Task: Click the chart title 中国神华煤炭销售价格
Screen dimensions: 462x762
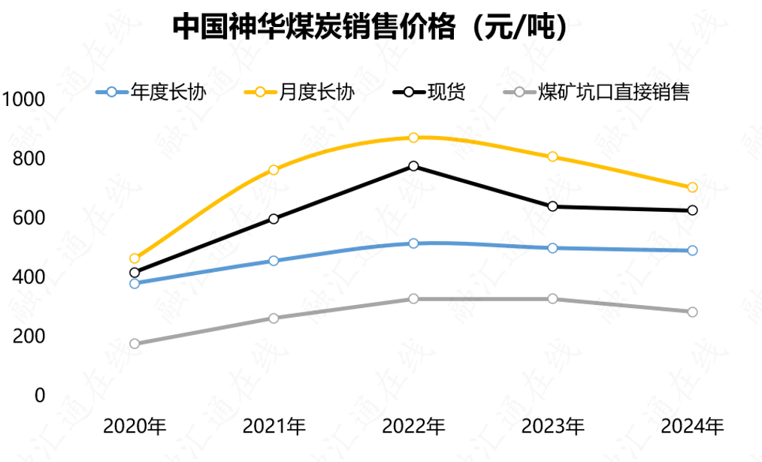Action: [x=369, y=28]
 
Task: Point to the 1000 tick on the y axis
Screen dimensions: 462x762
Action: [x=24, y=99]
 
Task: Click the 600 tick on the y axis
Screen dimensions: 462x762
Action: [x=29, y=218]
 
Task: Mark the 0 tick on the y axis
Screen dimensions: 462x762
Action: [x=40, y=395]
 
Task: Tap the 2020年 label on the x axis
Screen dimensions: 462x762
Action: [x=135, y=427]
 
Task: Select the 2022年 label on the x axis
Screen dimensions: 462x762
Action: [x=413, y=427]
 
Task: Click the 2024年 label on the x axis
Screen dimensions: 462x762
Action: [x=692, y=427]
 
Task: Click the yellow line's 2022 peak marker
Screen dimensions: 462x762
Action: [x=413, y=137]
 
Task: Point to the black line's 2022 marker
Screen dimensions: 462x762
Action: [x=413, y=166]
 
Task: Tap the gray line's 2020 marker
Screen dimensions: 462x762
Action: [x=135, y=344]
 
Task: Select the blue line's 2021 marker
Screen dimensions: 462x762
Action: [x=274, y=261]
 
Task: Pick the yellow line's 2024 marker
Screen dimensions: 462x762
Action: [x=692, y=187]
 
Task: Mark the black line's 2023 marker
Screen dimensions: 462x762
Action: [x=553, y=207]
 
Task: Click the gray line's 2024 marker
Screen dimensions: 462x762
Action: [x=692, y=312]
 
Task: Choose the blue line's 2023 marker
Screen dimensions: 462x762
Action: [x=553, y=248]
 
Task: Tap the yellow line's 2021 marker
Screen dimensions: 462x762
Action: [x=274, y=170]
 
